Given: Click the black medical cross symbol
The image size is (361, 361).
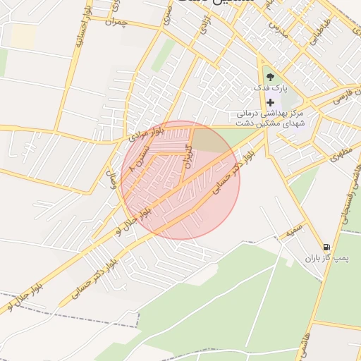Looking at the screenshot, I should pos(270,102).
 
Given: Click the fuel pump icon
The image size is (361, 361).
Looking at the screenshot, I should pos(325,247).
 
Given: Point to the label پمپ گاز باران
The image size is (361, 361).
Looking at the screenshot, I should pos(323,259).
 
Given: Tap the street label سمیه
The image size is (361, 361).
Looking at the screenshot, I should pos(295,231).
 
